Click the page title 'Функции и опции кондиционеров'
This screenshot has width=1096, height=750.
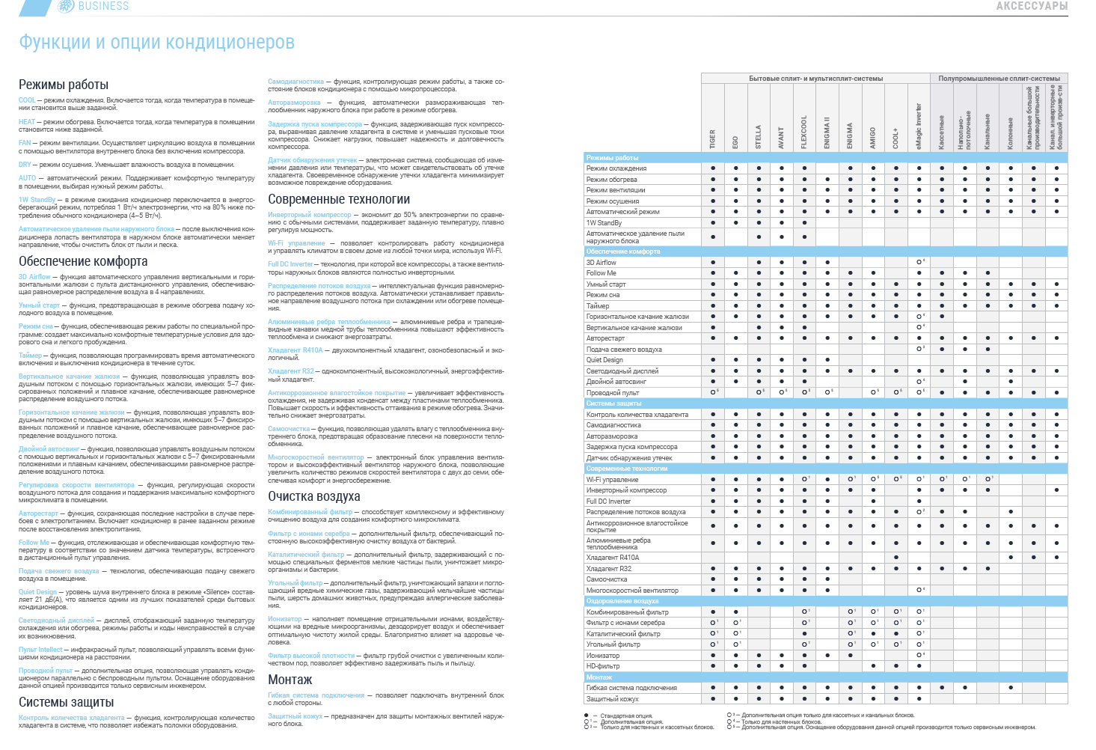tap(156, 43)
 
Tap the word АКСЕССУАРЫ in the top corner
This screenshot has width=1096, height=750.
tap(1031, 6)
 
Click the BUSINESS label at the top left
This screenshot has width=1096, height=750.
tap(103, 6)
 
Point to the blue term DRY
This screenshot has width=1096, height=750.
tap(25, 165)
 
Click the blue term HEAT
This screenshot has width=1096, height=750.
tap(27, 122)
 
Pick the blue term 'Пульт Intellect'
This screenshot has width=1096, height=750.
tap(40, 650)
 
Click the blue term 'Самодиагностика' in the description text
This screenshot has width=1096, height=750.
tap(296, 82)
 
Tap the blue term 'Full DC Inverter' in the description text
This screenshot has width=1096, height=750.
tap(290, 264)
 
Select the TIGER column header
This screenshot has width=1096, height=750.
tap(713, 138)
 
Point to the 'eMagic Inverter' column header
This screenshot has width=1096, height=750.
tap(919, 126)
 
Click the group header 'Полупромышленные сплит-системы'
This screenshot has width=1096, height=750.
tap(999, 79)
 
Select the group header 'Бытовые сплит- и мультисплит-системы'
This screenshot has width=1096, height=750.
tap(815, 79)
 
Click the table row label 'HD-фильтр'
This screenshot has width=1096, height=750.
tap(602, 666)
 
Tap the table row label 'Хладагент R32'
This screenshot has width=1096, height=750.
tap(608, 569)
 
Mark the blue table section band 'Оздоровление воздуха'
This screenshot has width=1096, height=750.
tap(622, 601)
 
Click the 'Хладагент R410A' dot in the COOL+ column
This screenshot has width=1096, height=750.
tap(896, 558)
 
